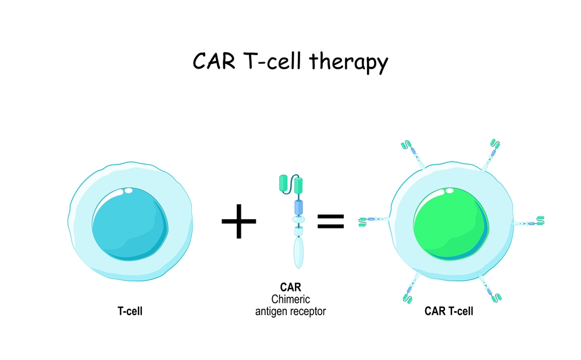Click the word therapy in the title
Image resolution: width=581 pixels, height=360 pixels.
[x=351, y=62]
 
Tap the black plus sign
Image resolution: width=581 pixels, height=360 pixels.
[x=238, y=221]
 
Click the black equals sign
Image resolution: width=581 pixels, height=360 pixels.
[x=330, y=220]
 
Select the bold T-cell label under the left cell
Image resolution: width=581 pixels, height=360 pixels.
[x=130, y=311]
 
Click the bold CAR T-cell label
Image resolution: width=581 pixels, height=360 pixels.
[x=448, y=311]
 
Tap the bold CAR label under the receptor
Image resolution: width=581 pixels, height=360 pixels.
[x=291, y=287]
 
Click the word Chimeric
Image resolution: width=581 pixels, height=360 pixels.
[x=291, y=299]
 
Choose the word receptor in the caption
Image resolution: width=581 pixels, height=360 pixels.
[x=309, y=311]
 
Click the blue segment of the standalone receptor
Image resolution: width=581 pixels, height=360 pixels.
[x=300, y=206]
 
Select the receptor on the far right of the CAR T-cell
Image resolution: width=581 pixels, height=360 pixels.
[x=530, y=222]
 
